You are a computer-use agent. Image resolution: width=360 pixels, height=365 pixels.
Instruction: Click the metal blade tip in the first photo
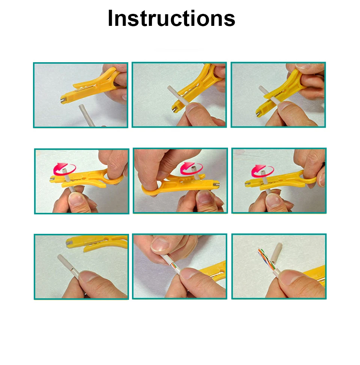tap(63, 100)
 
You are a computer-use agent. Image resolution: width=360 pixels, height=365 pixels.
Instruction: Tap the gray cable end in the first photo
tap(81, 107)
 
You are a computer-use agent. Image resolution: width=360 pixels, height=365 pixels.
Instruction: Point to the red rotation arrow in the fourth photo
tap(64, 169)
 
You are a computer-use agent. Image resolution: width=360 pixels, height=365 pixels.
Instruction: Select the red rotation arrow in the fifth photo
tap(191, 168)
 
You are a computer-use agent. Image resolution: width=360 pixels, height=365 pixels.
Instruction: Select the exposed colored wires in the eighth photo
tap(174, 266)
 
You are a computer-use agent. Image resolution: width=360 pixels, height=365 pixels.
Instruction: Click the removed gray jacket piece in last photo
tap(277, 253)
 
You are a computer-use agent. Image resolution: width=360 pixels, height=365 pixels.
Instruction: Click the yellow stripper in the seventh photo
tap(97, 243)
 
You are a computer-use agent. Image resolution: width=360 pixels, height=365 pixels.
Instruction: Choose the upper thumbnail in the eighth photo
tap(160, 244)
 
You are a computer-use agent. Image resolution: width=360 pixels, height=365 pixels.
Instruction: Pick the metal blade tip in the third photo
tap(258, 114)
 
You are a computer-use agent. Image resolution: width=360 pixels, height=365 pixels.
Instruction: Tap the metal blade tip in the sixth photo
tap(247, 184)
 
